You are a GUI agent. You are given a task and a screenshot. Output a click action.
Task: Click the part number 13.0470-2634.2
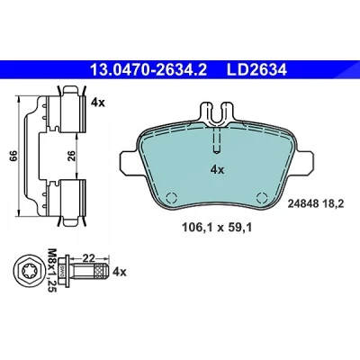pos(148,70)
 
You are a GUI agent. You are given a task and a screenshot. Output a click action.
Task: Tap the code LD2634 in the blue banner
pos(256,70)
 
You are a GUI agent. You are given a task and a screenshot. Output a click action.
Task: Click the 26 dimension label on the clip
pos(72,156)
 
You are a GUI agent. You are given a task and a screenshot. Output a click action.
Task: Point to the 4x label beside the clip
pos(97,103)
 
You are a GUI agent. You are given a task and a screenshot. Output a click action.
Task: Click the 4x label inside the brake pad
pos(217,170)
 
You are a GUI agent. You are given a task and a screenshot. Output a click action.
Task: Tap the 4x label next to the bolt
pos(119,273)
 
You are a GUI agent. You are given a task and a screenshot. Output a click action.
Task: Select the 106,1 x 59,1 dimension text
pos(217,228)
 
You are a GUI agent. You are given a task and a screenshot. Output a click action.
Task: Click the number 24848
pos(303,204)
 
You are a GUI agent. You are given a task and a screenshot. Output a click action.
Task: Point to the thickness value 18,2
pos(333,204)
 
